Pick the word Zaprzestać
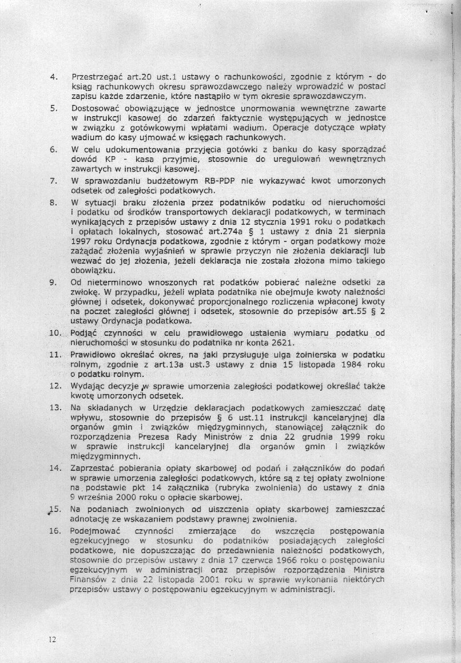(94, 468)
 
